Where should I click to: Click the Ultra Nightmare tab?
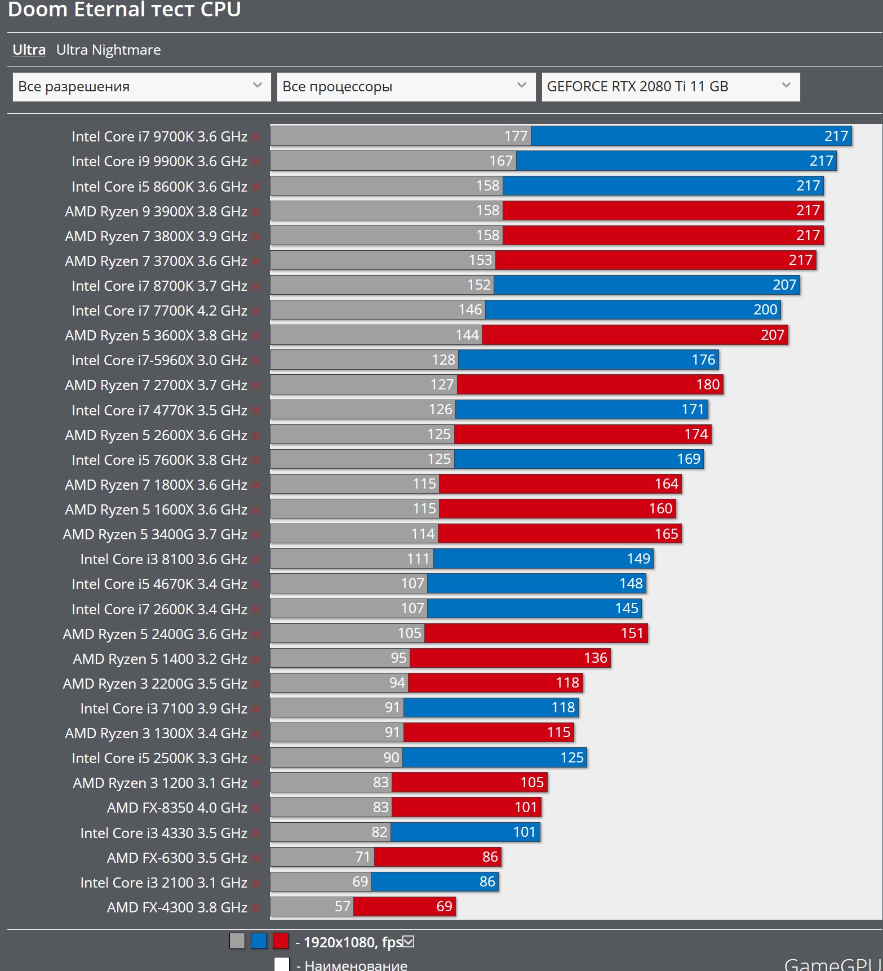coord(108,50)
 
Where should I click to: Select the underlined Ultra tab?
coord(29,50)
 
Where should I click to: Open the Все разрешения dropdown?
coord(141,87)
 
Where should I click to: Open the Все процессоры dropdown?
coord(406,87)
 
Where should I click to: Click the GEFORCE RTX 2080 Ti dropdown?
coord(671,87)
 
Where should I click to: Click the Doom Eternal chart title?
coord(125,10)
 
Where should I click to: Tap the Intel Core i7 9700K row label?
coord(159,137)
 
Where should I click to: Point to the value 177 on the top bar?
coord(516,136)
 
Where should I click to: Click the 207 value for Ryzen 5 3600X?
coord(772,335)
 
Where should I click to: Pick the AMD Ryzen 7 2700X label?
coord(156,385)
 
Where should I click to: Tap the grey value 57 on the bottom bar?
coord(343,907)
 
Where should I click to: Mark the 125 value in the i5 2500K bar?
coord(571,758)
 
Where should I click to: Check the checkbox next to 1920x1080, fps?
coord(409,941)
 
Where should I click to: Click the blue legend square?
coord(259,941)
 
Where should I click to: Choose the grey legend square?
coord(237,941)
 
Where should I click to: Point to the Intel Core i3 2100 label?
coord(163,883)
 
